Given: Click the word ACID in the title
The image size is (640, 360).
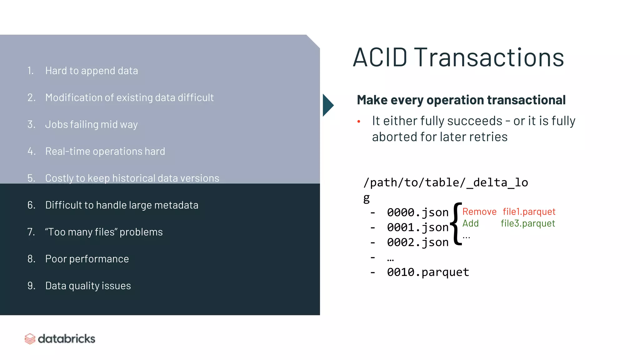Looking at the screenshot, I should click(x=380, y=57).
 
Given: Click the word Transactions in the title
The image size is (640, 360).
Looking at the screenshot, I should click(x=489, y=57).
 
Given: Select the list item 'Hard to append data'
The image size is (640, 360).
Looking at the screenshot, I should click(x=91, y=71).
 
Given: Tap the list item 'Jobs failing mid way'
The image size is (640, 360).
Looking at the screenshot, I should click(x=91, y=124).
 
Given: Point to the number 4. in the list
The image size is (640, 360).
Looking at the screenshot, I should click(x=31, y=151).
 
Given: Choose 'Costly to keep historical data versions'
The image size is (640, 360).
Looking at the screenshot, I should click(x=132, y=178).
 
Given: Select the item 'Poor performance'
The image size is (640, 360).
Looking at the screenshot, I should click(x=87, y=259).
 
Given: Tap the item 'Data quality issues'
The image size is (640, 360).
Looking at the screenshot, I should click(x=88, y=286).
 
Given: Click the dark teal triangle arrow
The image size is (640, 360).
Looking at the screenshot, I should click(x=327, y=105).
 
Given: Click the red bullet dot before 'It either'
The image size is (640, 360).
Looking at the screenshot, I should click(x=359, y=121).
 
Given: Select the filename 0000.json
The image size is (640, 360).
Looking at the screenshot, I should click(x=417, y=212).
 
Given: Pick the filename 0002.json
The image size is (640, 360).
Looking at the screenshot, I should click(x=417, y=242).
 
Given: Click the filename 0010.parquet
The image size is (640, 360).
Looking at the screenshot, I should click(x=428, y=272).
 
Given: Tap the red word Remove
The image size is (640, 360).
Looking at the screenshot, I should click(x=479, y=212).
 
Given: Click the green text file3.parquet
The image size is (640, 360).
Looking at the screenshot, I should click(x=528, y=223).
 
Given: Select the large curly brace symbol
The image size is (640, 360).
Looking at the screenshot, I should click(x=457, y=224).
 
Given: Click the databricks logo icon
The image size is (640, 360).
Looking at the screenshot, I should click(x=30, y=339).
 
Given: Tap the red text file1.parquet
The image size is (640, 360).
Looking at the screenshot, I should click(x=529, y=212).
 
